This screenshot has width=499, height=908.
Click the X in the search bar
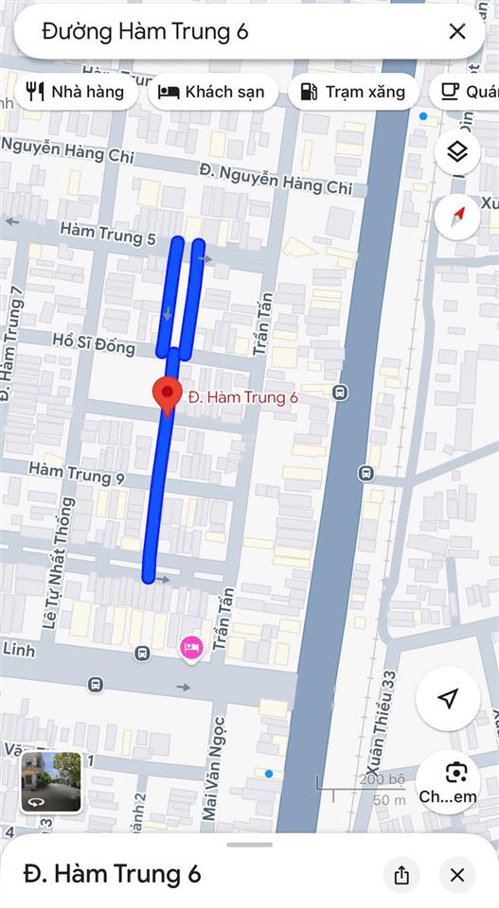coord(457,31)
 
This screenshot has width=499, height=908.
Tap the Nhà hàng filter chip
coord(76,92)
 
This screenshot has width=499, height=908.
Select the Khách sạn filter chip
coord(212,92)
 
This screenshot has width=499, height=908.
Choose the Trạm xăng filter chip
coord(352,92)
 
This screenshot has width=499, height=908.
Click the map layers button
coord(457,151)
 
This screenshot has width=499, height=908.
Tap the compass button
coord(457,215)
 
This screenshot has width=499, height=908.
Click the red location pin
coord(168,395)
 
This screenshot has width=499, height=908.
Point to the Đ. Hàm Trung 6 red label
coord(242,398)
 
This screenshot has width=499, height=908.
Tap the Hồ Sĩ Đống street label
coord(94,342)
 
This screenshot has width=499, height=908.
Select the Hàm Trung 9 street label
coord(77,472)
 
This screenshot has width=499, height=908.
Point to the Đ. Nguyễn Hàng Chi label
coord(276,178)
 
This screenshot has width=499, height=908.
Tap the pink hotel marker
coord(191,648)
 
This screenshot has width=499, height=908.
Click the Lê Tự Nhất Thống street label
coord(56,576)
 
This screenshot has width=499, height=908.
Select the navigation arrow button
coord(448,699)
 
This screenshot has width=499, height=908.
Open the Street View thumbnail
coord(51,781)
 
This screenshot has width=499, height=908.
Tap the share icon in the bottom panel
coord(401,875)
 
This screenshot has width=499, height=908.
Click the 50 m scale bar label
coord(389,800)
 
